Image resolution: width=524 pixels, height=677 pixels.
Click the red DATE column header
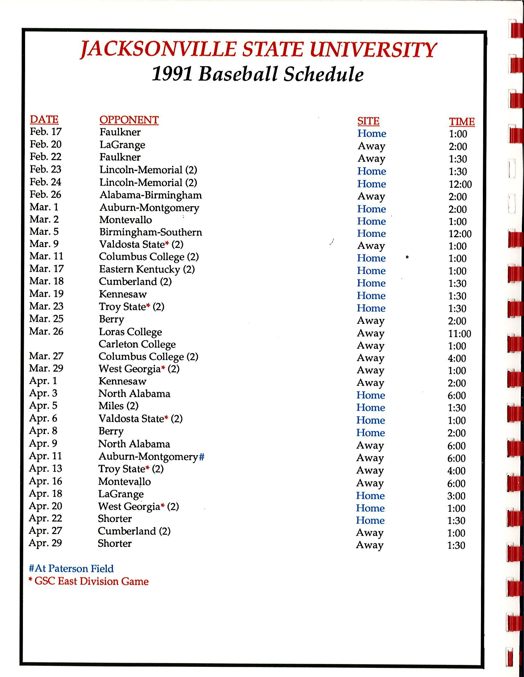pyautogui.click(x=44, y=119)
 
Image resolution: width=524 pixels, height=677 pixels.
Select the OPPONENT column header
pyautogui.click(x=129, y=120)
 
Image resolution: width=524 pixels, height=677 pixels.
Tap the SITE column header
pyautogui.click(x=368, y=121)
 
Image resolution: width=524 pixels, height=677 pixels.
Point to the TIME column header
pyautogui.click(x=462, y=122)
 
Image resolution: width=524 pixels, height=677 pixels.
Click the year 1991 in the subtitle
pyautogui.click(x=171, y=75)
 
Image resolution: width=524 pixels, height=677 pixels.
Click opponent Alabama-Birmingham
pyautogui.click(x=150, y=195)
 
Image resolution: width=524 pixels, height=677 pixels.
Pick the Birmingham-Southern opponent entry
pyautogui.click(x=150, y=232)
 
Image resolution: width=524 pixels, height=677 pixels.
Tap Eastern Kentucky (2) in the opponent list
pyautogui.click(x=147, y=269)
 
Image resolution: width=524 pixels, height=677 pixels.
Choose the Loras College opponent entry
pyautogui.click(x=130, y=332)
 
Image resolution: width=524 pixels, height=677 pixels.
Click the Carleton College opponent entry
pyautogui.click(x=137, y=344)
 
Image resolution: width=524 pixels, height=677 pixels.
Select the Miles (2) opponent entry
pyautogui.click(x=118, y=406)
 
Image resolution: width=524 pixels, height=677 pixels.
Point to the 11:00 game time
pyautogui.click(x=460, y=334)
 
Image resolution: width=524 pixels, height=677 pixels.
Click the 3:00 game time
pyautogui.click(x=456, y=496)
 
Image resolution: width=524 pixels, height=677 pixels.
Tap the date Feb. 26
pyautogui.click(x=45, y=195)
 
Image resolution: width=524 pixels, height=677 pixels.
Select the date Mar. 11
pyautogui.click(x=46, y=256)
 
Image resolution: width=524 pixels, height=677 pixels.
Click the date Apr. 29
pyautogui.click(x=45, y=543)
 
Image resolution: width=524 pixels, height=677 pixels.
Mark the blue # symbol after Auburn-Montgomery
pyautogui.click(x=201, y=456)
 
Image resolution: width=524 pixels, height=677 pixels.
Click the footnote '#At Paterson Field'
pyautogui.click(x=71, y=568)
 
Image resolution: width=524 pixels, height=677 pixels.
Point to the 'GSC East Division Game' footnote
pyautogui.click(x=91, y=581)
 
